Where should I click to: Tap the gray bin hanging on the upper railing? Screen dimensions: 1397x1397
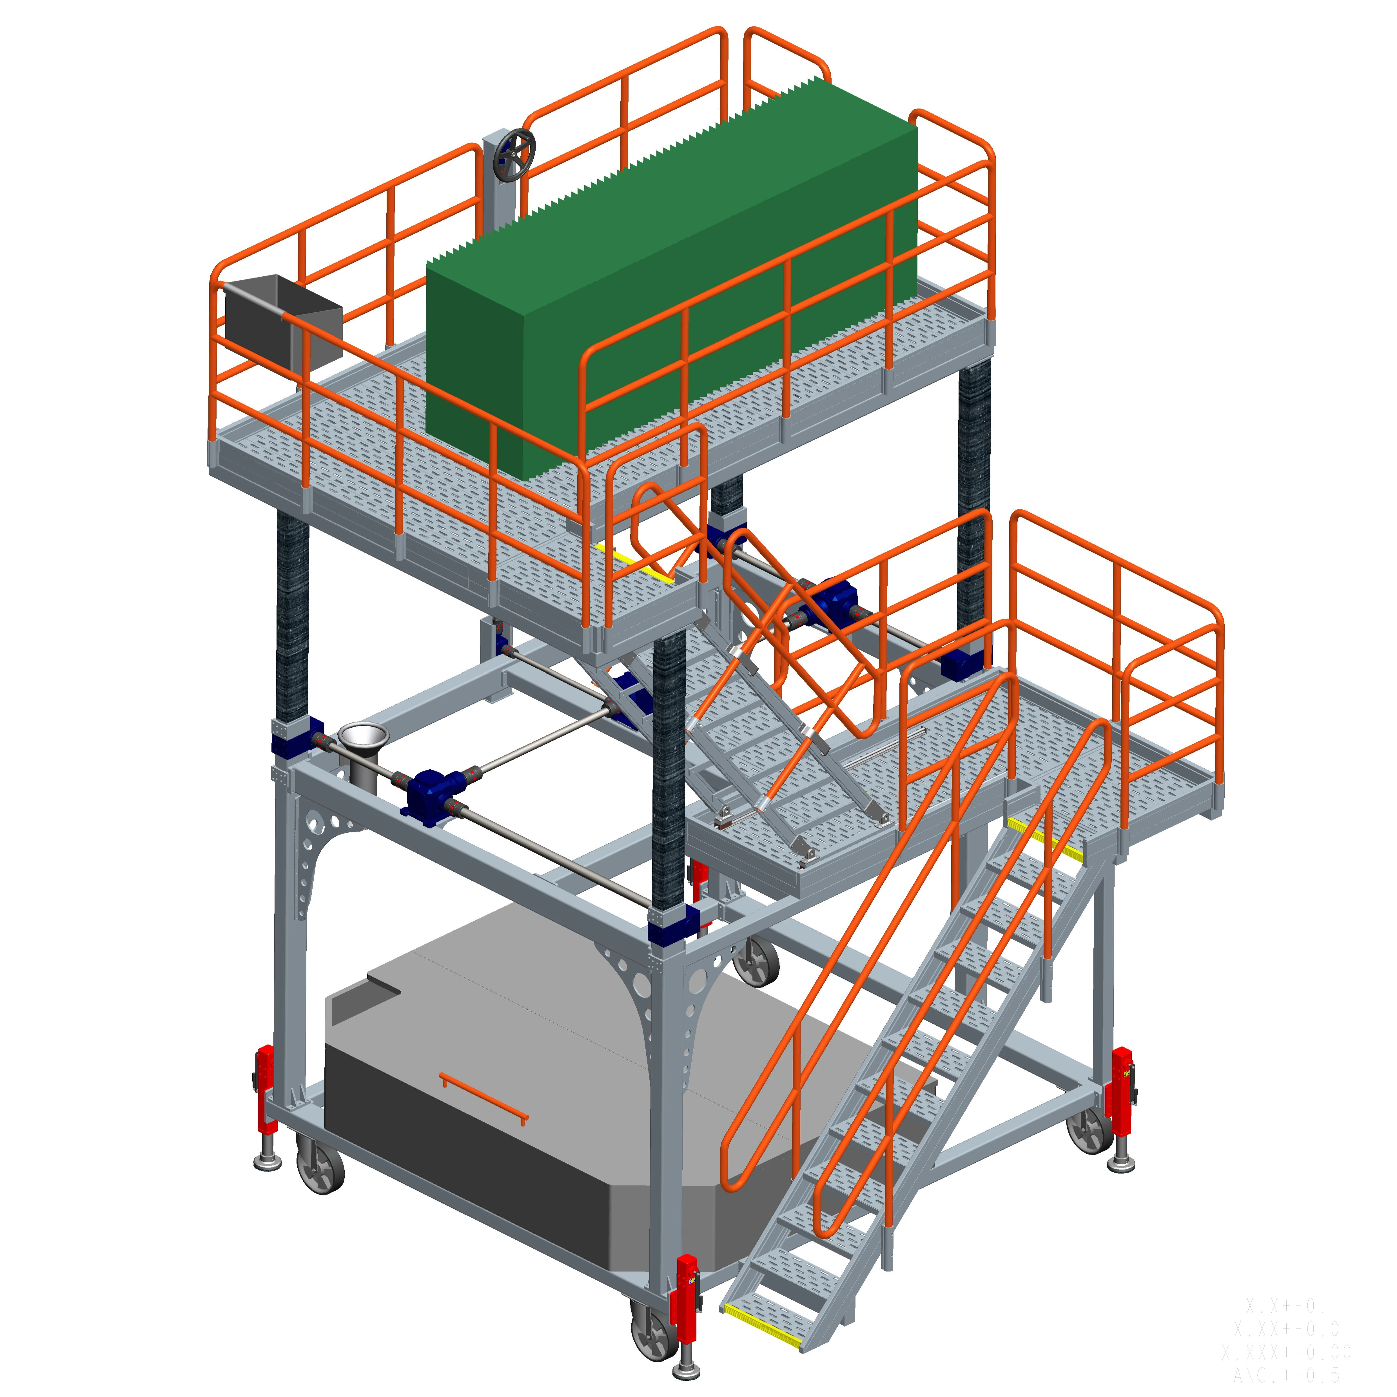(282, 322)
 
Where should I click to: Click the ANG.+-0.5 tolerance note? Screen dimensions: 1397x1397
(1287, 1374)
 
